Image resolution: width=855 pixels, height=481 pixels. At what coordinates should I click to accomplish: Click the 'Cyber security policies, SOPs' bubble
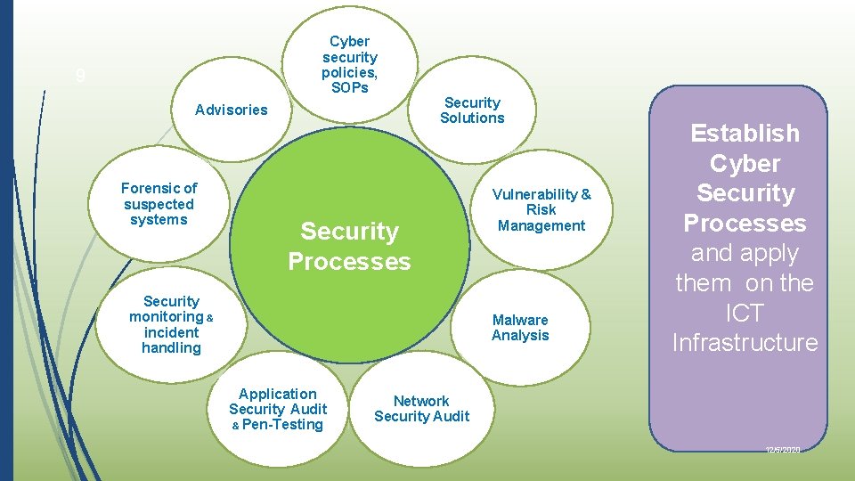pos(350,64)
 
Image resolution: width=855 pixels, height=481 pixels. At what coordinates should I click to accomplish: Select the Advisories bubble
pos(232,110)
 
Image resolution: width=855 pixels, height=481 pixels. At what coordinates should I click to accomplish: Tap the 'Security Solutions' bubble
pos(472,110)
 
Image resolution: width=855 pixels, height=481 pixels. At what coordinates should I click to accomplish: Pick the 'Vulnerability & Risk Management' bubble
pos(541,210)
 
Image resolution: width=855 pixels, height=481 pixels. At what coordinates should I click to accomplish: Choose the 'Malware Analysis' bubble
pos(520,328)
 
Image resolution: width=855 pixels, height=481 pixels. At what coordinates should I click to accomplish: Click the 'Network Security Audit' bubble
pos(421,409)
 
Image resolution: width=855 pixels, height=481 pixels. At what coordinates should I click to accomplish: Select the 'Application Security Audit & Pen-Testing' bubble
pos(277,409)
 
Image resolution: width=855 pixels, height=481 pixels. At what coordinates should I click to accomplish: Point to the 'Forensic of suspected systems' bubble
pos(159,204)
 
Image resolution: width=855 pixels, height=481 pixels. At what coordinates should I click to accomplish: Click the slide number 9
pos(81,77)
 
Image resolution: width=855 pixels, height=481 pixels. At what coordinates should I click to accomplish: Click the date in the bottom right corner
pos(783,451)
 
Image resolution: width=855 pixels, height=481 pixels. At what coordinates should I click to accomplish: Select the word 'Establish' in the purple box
pos(745,134)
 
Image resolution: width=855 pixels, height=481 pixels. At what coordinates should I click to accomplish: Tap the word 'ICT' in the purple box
pos(745,313)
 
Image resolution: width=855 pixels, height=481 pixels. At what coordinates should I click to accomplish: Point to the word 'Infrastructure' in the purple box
pos(745,343)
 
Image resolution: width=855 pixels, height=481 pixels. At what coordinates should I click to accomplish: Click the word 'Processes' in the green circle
pos(349,262)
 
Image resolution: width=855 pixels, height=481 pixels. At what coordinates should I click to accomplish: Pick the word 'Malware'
pos(520,320)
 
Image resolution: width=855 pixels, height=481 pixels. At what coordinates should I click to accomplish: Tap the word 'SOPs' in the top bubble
pos(350,87)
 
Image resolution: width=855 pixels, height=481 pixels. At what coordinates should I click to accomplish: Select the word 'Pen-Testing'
pos(282,425)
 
